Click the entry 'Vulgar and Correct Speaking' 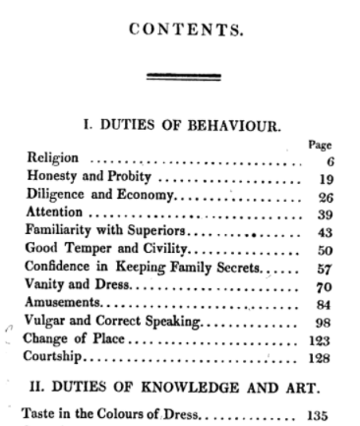pos(111,322)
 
